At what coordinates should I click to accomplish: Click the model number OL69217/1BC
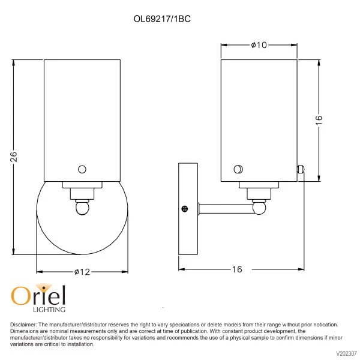click(x=162, y=19)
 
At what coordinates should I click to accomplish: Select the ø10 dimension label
click(x=259, y=45)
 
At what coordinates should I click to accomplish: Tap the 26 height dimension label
click(x=14, y=157)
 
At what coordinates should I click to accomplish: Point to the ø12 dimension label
click(x=82, y=272)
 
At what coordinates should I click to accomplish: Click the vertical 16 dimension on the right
click(x=319, y=121)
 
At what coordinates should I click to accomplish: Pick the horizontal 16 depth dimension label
click(x=237, y=269)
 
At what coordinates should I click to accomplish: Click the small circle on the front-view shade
click(x=82, y=169)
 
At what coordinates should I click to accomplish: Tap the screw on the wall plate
click(x=185, y=209)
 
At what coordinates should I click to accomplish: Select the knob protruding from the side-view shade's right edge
click(x=301, y=169)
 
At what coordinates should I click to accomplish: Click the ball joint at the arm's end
click(x=259, y=208)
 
